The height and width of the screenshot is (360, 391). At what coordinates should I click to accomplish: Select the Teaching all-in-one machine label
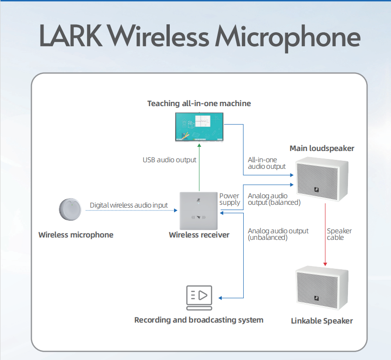click(199, 103)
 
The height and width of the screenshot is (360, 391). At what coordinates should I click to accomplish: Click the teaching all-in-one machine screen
click(199, 126)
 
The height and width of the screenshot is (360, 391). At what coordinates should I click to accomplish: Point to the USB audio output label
click(169, 160)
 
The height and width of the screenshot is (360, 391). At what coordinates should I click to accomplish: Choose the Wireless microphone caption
click(76, 235)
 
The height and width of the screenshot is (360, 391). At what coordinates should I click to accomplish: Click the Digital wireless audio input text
click(129, 205)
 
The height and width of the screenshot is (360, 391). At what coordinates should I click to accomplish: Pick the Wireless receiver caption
click(199, 235)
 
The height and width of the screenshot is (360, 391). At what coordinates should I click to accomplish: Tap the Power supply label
click(229, 199)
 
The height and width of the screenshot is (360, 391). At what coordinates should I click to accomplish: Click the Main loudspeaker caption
click(322, 149)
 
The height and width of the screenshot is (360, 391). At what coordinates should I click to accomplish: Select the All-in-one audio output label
click(267, 163)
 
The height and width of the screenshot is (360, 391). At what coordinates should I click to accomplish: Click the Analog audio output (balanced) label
click(274, 199)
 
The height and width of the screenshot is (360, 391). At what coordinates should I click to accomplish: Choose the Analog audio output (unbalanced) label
click(278, 234)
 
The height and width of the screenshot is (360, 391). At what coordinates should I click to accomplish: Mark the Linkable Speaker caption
click(322, 321)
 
